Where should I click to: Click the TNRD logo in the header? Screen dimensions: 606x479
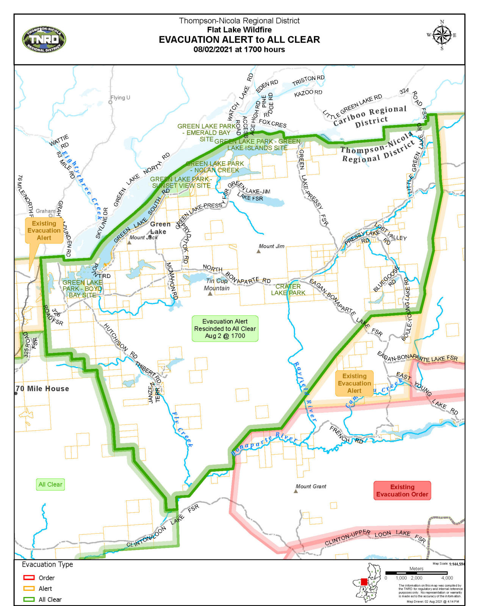pyautogui.click(x=44, y=39)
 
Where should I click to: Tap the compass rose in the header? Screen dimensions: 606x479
pyautogui.click(x=442, y=35)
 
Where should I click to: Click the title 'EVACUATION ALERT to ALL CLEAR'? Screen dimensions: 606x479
pyautogui.click(x=239, y=39)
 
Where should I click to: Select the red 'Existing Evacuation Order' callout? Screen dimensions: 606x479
pyautogui.click(x=402, y=490)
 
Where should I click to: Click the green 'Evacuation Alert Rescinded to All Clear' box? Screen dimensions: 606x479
pyautogui.click(x=225, y=328)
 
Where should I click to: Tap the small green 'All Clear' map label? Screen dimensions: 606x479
pyautogui.click(x=50, y=484)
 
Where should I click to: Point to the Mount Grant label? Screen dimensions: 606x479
pyautogui.click(x=311, y=486)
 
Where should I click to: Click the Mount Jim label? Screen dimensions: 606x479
pyautogui.click(x=271, y=246)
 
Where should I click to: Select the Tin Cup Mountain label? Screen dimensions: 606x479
pyautogui.click(x=217, y=284)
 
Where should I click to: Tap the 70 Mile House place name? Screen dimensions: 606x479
pyautogui.click(x=43, y=389)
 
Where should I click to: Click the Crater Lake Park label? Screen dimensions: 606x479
pyautogui.click(x=288, y=290)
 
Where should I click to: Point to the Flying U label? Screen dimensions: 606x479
pyautogui.click(x=120, y=98)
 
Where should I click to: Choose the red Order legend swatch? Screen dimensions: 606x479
pyautogui.click(x=29, y=578)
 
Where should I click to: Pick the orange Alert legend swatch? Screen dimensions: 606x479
pyautogui.click(x=29, y=589)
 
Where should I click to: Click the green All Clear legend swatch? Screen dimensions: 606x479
pyautogui.click(x=29, y=599)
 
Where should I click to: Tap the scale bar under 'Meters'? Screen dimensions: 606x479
pyautogui.click(x=416, y=573)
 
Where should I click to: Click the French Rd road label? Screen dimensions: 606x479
pyautogui.click(x=346, y=435)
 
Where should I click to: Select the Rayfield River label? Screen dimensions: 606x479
pyautogui.click(x=305, y=391)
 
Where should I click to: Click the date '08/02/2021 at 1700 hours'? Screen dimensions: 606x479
pyautogui.click(x=239, y=50)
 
